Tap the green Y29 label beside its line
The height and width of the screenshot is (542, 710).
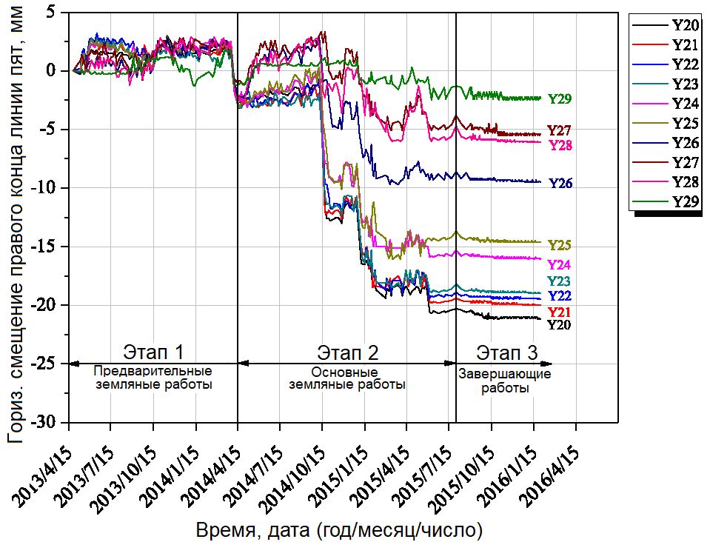560,98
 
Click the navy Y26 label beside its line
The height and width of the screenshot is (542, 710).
560,183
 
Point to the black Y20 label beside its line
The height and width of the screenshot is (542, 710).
559,324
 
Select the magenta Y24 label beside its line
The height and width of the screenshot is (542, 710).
559,264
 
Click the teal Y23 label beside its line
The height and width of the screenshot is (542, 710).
559,281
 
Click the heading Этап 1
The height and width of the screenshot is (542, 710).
153,351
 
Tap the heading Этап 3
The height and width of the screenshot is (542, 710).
507,351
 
